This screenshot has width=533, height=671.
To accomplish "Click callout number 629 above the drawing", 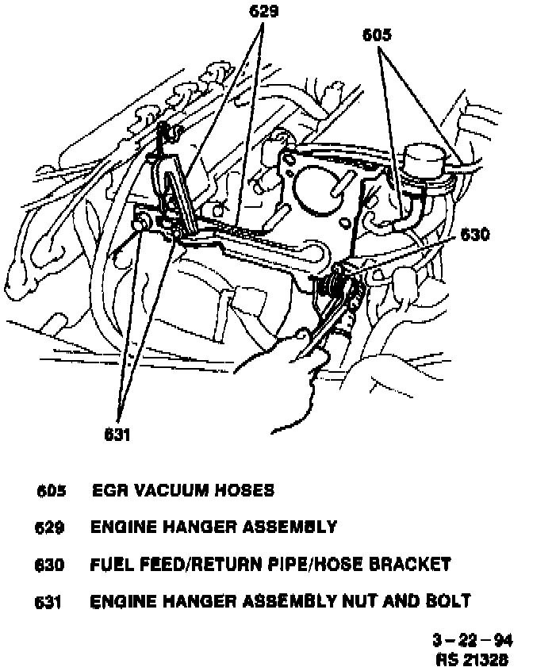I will tap(264, 12).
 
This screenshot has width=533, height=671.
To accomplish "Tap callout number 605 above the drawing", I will tap(377, 35).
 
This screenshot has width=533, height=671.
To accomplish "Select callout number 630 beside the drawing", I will tap(474, 235).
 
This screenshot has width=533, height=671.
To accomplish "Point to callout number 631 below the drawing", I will tap(117, 434).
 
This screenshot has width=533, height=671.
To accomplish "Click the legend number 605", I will tap(50, 491).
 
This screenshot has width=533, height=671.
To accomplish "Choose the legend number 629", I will tap(50, 527).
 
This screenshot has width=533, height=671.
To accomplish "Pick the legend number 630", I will tap(50, 565).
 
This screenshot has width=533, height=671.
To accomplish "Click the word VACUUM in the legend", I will tap(167, 490).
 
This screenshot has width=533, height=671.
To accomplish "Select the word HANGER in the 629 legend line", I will tap(188, 527).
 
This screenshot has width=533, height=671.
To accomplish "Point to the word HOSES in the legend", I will tap(244, 490).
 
